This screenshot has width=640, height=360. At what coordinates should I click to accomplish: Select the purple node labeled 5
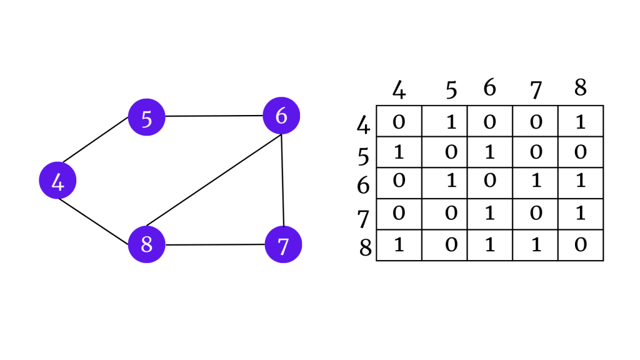147,116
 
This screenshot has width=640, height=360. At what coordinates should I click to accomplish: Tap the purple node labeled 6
281,116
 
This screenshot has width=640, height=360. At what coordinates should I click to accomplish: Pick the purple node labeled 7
283,244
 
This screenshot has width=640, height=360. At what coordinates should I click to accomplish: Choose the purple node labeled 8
147,244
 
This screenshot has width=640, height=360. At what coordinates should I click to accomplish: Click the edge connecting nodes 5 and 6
214,116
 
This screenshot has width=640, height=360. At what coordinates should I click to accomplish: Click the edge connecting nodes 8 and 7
215,244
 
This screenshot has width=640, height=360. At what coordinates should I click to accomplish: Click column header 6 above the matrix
489,88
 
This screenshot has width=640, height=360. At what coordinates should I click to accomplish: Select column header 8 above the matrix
580,87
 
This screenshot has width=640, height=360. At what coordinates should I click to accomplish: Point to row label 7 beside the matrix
363,218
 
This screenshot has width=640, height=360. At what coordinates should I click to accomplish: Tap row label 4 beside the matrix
363,125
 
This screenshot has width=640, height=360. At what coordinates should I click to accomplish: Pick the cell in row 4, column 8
581,121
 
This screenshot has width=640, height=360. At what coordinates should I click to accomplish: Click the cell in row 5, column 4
399,152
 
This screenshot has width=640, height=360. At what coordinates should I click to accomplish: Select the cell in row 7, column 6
490,214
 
